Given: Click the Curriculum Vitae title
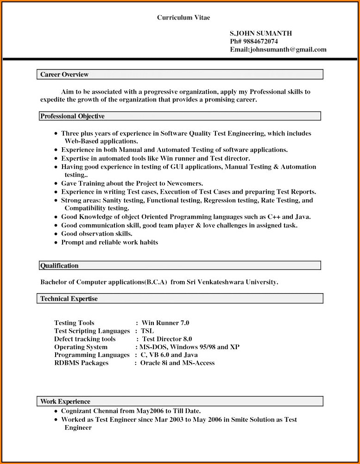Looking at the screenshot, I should (x=183, y=18).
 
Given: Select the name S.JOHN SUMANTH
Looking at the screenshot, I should (x=261, y=33).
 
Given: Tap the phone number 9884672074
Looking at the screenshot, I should (x=259, y=42).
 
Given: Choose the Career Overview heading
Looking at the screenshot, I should (x=64, y=75).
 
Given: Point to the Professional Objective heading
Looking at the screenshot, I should (x=72, y=116).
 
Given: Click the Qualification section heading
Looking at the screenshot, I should (x=59, y=266).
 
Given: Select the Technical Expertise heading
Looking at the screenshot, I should (x=69, y=299).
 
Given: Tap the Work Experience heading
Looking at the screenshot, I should (x=65, y=401).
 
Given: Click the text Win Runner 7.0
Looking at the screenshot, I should (x=165, y=323).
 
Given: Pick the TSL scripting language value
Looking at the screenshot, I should (x=147, y=331).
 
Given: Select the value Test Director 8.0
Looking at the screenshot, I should (x=167, y=339).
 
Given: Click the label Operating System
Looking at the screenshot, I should (x=81, y=347).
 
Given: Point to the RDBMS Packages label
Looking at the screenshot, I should (x=81, y=363).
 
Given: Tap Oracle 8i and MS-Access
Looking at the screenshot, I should (x=177, y=363).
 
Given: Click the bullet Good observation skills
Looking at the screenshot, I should (x=96, y=234).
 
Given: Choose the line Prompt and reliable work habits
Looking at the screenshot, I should (x=109, y=242).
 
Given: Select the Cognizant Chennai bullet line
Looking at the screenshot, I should (x=131, y=411).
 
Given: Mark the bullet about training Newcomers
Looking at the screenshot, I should (x=132, y=183).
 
